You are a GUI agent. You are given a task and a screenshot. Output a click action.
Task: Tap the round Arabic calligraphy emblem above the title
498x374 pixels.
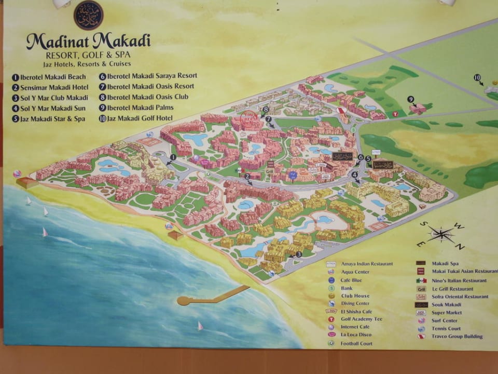(88, 15)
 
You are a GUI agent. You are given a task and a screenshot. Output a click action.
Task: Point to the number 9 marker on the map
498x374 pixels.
(410, 99)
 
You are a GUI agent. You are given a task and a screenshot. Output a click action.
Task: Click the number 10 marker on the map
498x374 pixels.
(477, 77)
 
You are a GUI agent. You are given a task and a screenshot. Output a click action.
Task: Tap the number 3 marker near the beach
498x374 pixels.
(299, 254)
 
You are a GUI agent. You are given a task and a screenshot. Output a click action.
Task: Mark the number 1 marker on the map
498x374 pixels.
(173, 156)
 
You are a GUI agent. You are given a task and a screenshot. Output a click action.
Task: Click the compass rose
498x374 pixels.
(441, 234)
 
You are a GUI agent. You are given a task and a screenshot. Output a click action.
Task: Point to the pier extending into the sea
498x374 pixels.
(213, 297)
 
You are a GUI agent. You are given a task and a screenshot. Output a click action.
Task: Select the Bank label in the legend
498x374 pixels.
(347, 287)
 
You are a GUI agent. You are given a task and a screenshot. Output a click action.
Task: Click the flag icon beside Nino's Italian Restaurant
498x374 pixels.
(421, 280)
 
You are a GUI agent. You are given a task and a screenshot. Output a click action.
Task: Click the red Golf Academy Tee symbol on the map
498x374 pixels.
(396, 114)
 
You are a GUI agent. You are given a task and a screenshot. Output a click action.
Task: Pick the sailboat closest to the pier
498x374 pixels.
(200, 326)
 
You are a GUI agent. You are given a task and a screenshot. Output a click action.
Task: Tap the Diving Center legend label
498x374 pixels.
(355, 303)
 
